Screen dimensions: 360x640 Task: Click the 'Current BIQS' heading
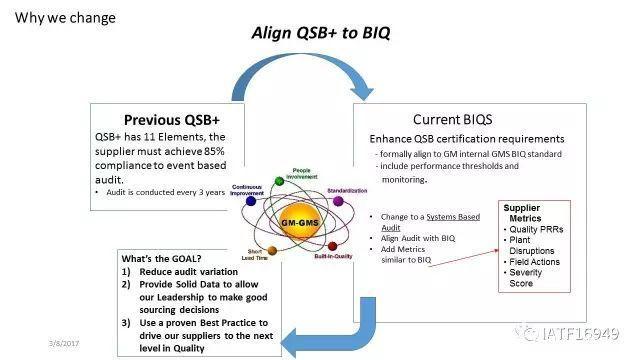(458, 118)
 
